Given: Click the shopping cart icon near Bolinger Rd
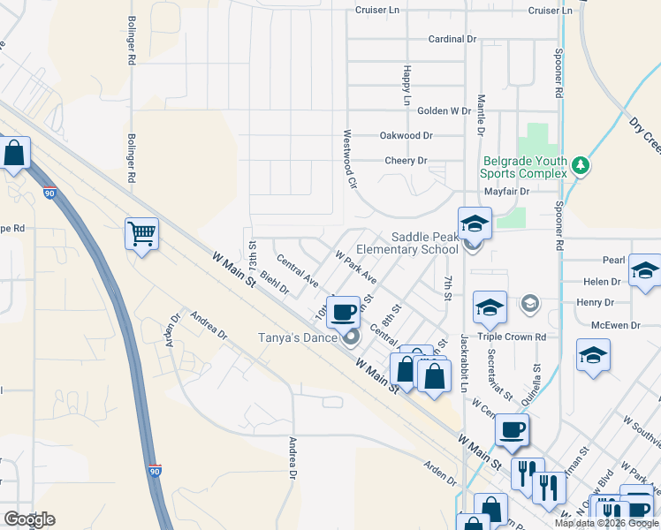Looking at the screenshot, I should (x=141, y=234).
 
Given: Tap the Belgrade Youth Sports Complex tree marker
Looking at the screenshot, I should (x=580, y=164).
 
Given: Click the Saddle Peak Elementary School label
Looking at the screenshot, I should (x=425, y=243).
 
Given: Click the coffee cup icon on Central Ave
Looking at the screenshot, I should (x=343, y=311).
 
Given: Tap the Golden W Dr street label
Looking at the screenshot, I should (x=444, y=111).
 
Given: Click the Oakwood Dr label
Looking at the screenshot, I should (x=406, y=136).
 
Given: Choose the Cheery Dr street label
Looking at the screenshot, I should (x=406, y=161).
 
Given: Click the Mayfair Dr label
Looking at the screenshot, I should (x=506, y=191).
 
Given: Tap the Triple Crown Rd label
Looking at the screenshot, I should (x=512, y=337).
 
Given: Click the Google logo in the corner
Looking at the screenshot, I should (x=29, y=519).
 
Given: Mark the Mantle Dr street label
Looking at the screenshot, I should (x=482, y=116).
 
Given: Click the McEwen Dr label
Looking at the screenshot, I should (x=615, y=326).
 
